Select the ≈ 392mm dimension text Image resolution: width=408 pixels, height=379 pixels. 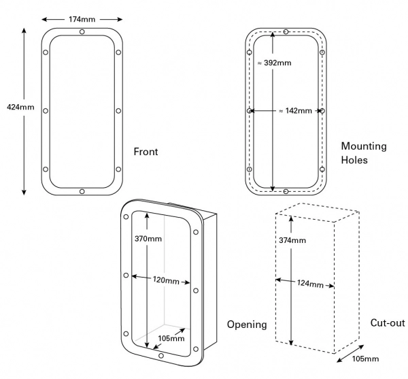coord(274,63)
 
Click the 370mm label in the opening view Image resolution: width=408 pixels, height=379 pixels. coord(149,238)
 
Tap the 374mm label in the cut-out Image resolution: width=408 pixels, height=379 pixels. coord(293,240)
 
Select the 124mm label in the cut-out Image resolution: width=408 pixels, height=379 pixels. coord(310,283)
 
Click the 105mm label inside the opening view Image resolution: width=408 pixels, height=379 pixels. coord(170,337)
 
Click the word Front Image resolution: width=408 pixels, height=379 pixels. coord(146,151)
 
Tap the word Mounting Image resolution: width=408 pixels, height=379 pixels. coord(364,146)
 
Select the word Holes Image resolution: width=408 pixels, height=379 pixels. coord(354,161)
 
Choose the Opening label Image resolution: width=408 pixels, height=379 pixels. coord(246,325)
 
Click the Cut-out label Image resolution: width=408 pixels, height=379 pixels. coord(387,323)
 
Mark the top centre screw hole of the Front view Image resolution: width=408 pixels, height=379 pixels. coord(82,32)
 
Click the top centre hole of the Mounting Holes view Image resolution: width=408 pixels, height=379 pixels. coord(286,32)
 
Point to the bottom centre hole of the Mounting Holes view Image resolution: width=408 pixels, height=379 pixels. coord(286,191)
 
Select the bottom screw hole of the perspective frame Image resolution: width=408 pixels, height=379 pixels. coord(160,355)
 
